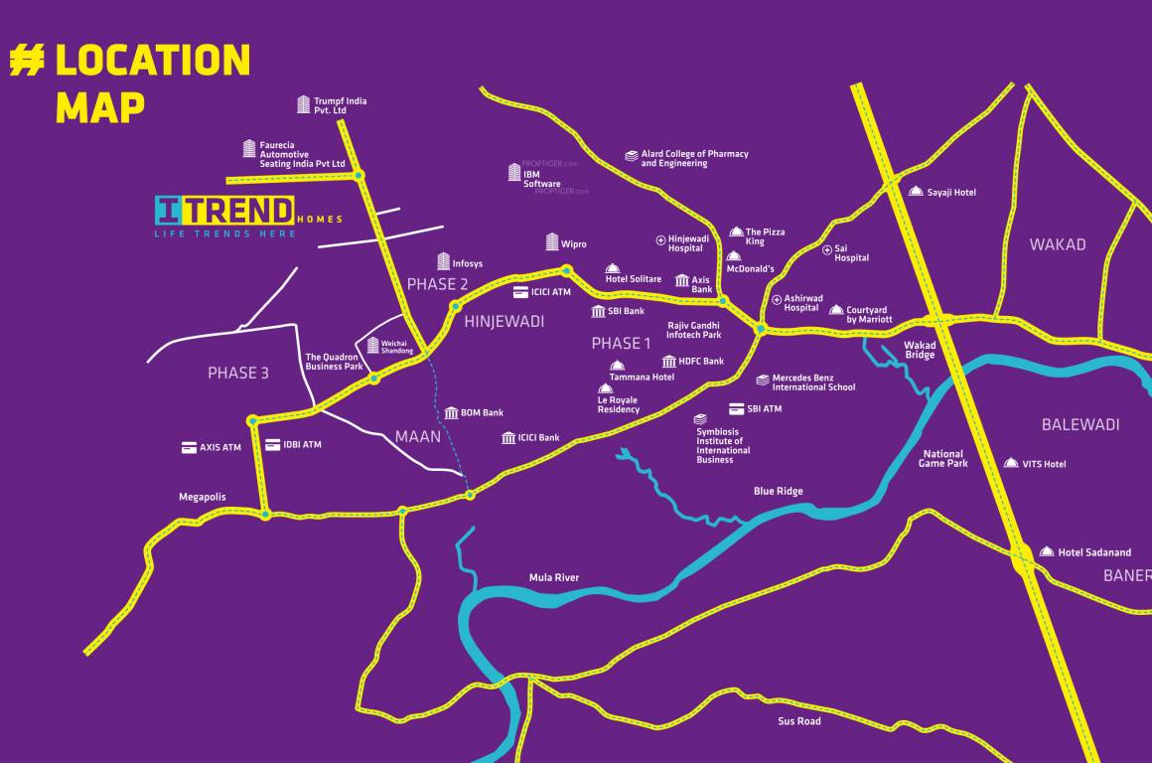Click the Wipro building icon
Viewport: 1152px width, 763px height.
[553, 241]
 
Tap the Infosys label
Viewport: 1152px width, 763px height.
[467, 263]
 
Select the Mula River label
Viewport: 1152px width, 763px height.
[554, 577]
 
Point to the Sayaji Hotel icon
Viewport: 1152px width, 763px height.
[916, 191]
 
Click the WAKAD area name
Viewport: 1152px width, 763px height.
[1058, 244]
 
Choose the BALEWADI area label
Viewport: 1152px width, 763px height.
[1080, 424]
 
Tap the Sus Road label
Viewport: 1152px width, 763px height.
[799, 721]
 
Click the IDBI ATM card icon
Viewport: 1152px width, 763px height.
[273, 445]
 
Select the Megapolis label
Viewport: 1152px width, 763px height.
[203, 497]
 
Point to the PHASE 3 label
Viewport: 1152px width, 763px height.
[238, 374]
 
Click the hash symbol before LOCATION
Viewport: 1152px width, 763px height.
[27, 61]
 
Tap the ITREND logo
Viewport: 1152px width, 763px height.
[224, 211]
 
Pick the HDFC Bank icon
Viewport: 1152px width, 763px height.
[669, 362]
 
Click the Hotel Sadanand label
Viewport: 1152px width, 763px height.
[1094, 552]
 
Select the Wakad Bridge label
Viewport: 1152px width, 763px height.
[920, 351]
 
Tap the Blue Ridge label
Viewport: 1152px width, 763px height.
[779, 491]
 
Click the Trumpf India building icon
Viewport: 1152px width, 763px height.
[304, 104]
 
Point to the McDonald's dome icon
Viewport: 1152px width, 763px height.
[733, 256]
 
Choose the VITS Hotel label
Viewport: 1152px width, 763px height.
[1044, 464]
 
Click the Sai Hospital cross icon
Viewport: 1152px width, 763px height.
[827, 249]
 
